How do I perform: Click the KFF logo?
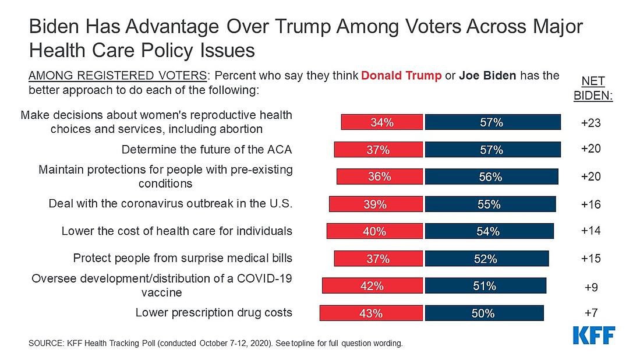pos(594,336)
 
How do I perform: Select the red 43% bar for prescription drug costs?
pos(371,313)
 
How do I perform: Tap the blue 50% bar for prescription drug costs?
pos(484,313)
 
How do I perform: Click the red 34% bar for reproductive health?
pos(381,122)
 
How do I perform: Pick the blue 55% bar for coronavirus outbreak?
pos(490,204)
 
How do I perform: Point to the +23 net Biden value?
pos(591,123)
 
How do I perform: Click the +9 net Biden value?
pos(591,287)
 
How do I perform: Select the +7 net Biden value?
pos(591,313)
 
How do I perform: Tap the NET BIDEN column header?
pos(593,89)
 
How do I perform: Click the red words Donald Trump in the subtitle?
pos(401,76)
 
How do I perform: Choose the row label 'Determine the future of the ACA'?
pos(207,150)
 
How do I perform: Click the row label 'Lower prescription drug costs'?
pos(214,313)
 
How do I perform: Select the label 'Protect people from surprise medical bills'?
pos(182,257)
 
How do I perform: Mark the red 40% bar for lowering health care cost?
pos(374,231)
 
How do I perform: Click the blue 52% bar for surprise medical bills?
pos(487,259)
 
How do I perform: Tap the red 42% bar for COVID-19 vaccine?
pos(373,285)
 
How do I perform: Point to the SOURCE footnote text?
pos(215,343)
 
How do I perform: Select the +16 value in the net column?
pos(591,204)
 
